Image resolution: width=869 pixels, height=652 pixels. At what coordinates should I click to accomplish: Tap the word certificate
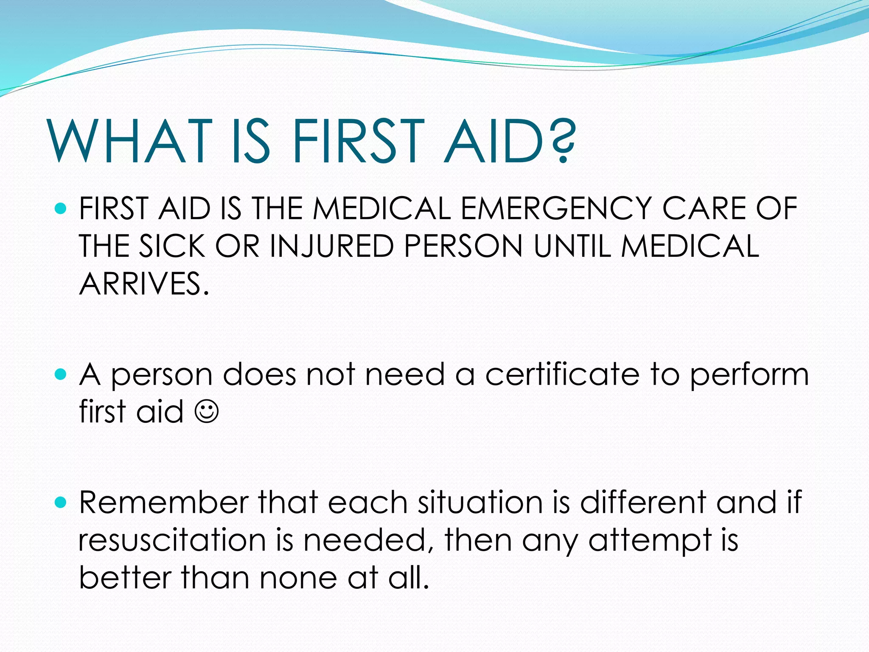click(x=562, y=374)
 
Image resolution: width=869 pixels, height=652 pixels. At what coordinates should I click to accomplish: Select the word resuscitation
click(x=172, y=540)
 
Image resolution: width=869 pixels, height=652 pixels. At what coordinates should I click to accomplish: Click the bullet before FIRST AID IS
click(x=61, y=208)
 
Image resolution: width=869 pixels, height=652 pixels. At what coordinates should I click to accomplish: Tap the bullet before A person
click(x=61, y=374)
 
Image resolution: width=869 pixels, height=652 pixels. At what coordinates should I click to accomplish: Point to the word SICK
click(x=172, y=246)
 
